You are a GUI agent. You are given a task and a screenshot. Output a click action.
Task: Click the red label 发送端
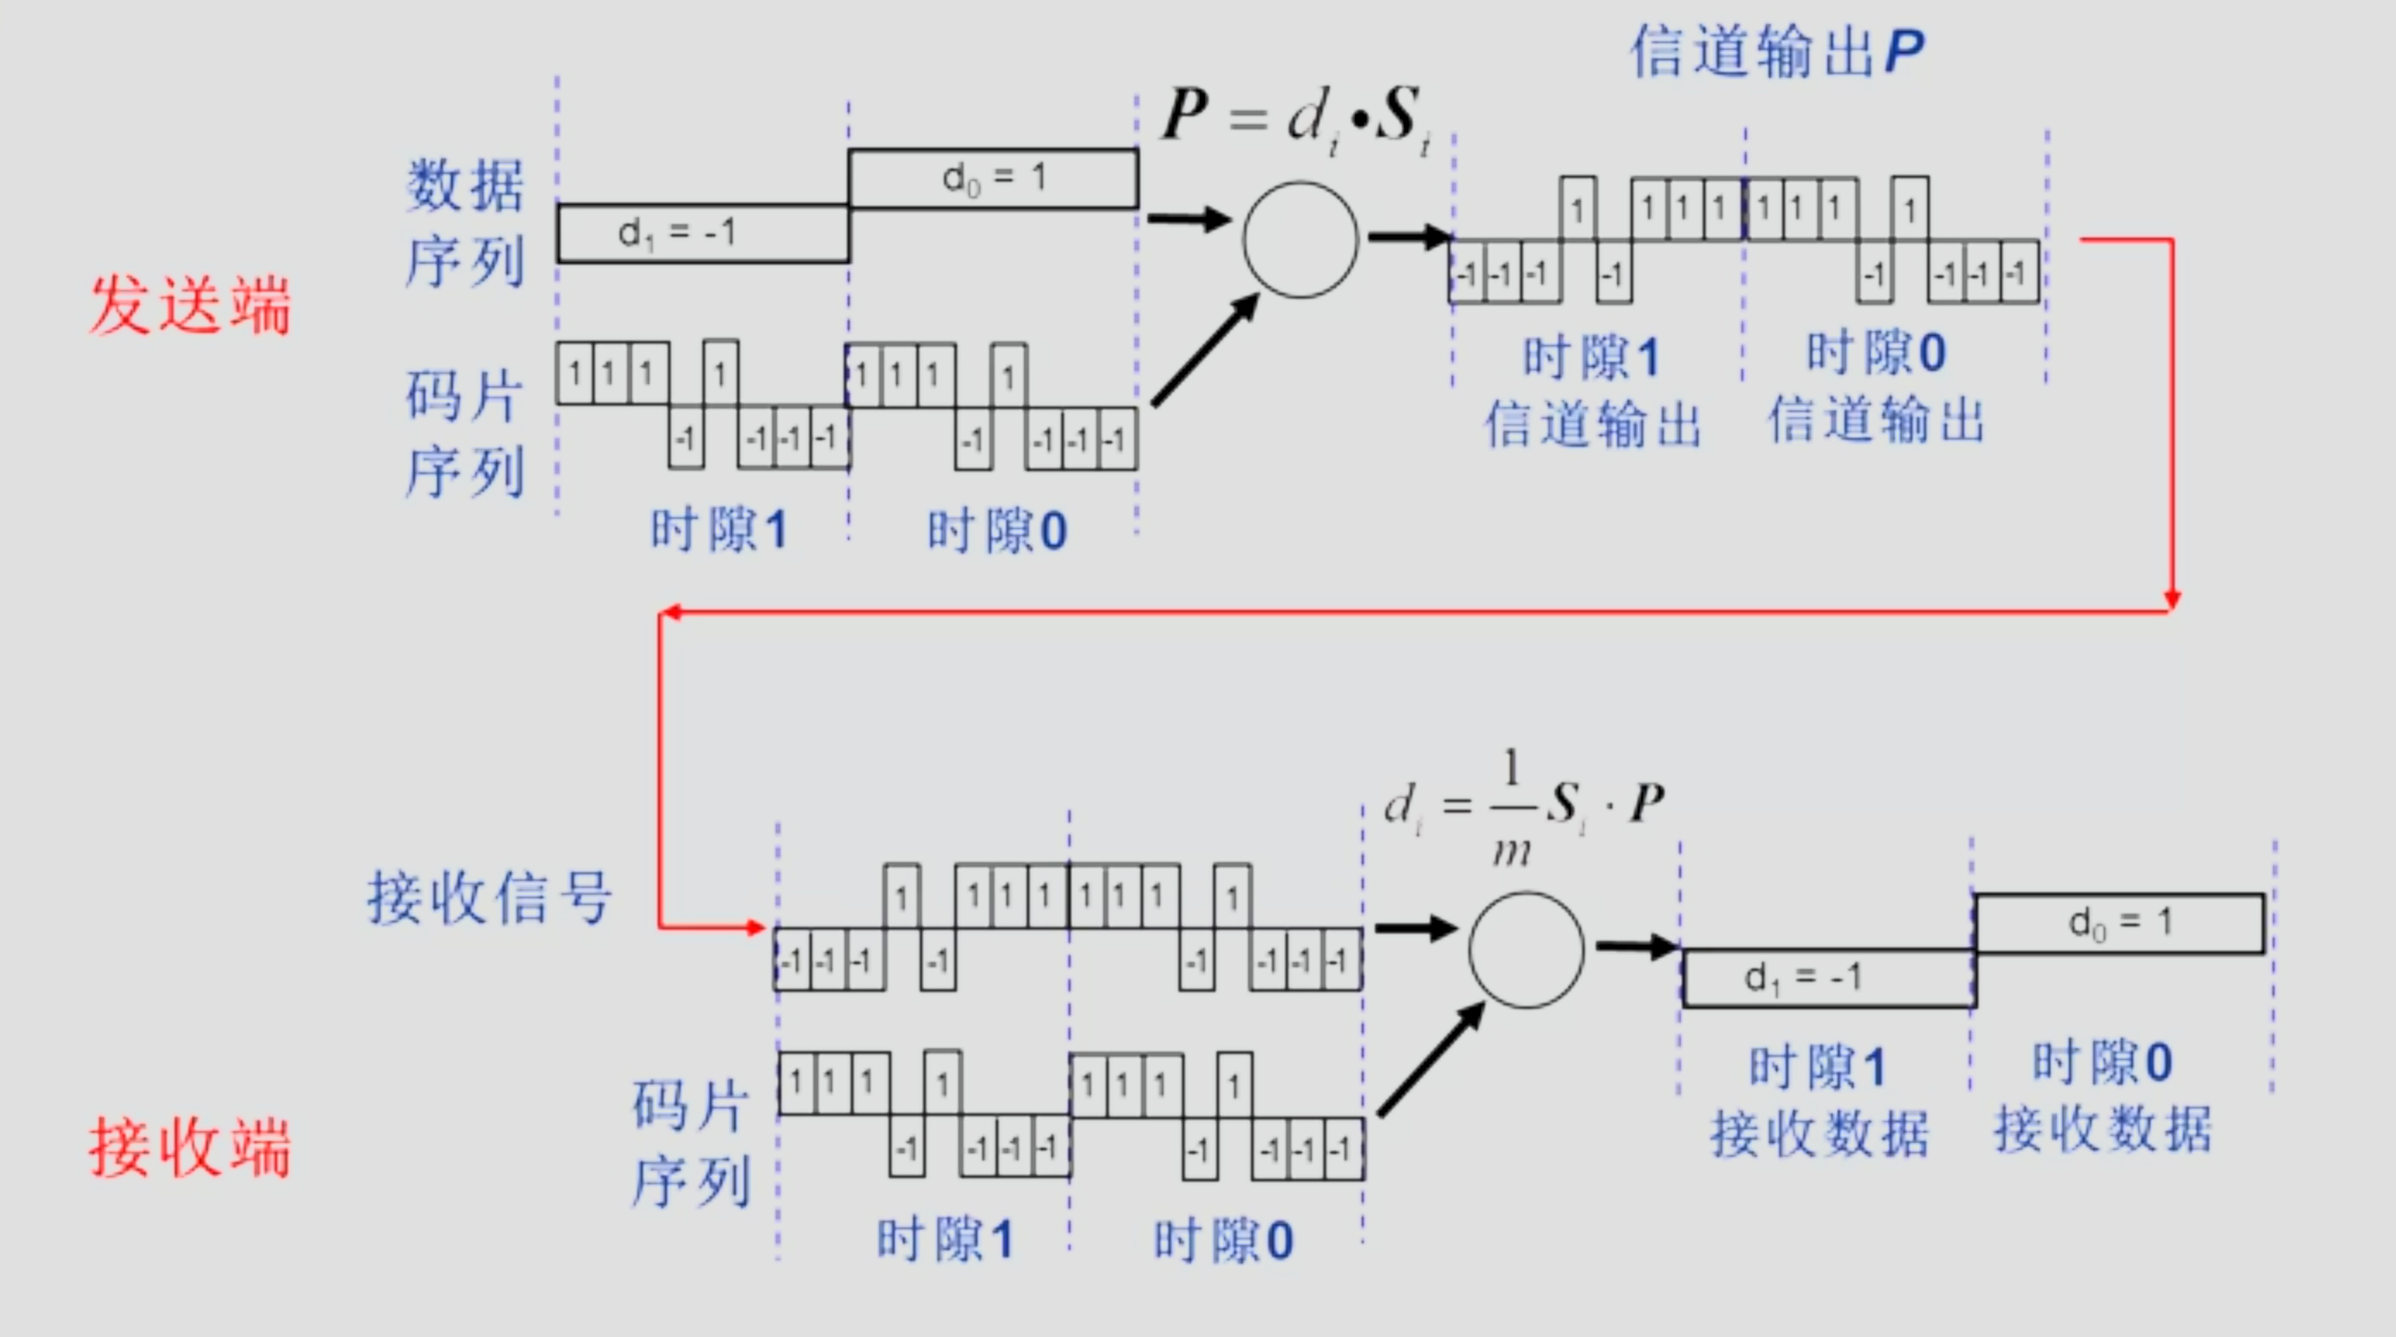(190, 305)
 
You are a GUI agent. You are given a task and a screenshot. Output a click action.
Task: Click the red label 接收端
(190, 1147)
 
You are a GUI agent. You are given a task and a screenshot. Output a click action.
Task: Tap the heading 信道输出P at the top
(1778, 51)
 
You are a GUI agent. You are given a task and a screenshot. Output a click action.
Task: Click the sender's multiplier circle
(1301, 240)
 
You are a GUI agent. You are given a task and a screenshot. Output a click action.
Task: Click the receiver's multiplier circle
(1527, 949)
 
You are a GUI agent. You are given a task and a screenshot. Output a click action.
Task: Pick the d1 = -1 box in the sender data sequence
(702, 234)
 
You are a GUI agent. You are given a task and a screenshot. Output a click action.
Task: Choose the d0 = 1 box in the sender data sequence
(993, 178)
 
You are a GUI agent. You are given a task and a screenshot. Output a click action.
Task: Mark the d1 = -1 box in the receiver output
(1828, 978)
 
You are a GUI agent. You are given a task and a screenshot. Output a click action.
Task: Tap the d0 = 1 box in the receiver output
(2120, 923)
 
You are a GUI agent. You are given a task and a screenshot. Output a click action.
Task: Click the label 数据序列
(465, 223)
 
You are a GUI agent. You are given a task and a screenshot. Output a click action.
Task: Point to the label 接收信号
(489, 898)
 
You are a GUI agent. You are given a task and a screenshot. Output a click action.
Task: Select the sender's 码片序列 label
(465, 434)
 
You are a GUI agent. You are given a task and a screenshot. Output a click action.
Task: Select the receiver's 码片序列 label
(691, 1143)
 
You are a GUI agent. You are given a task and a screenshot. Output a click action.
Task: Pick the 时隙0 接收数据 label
(2102, 1097)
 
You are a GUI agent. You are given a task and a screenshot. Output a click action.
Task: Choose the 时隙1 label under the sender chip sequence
(718, 531)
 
